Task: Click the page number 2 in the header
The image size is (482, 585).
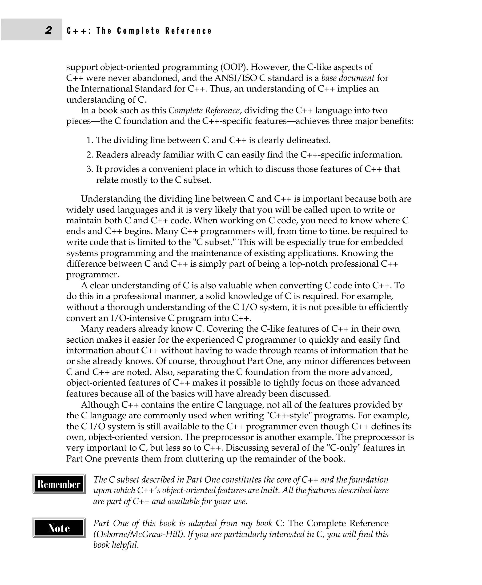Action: point(48,30)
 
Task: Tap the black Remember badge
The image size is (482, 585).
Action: point(59,484)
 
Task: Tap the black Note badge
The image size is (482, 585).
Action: point(59,528)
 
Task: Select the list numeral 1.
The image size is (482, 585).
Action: point(90,140)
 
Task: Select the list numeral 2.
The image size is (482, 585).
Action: point(90,155)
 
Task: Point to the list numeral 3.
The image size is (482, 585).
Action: point(90,169)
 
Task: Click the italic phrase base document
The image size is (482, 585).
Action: point(348,78)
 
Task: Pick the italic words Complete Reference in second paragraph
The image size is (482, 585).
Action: point(204,111)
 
